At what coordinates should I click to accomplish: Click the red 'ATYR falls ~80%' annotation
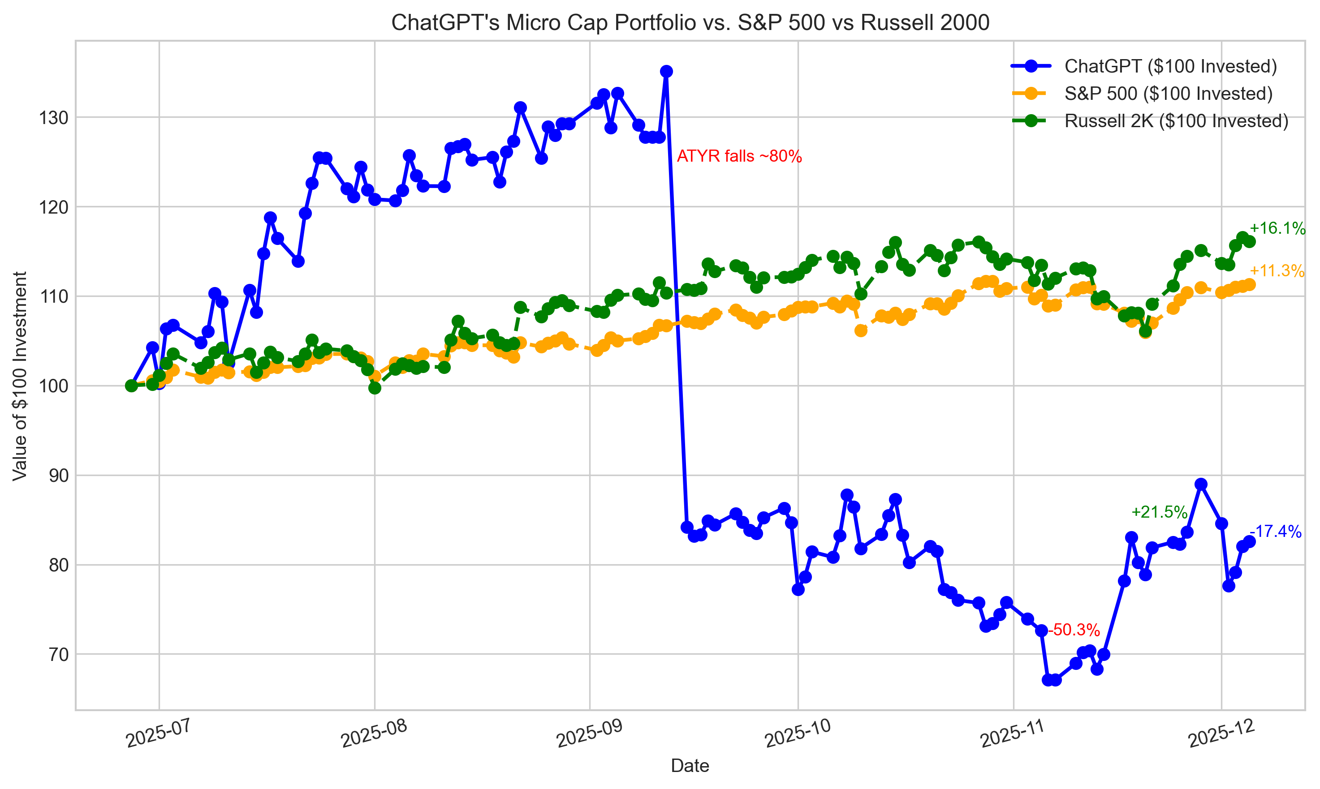pos(739,156)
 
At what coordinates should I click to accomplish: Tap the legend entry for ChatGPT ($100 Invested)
pos(1170,66)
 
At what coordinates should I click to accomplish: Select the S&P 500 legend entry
pos(1168,94)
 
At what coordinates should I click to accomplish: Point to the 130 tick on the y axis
pos(54,117)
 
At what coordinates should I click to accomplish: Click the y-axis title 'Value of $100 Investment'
pos(20,376)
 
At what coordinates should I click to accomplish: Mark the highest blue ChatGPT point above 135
pos(666,71)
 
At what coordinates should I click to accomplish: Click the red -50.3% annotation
pos(1073,630)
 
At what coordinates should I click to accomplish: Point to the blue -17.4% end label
pos(1275,531)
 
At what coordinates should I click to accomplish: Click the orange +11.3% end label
pos(1277,271)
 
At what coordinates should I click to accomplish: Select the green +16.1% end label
pos(1277,229)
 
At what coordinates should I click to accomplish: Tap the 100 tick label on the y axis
pos(54,386)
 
